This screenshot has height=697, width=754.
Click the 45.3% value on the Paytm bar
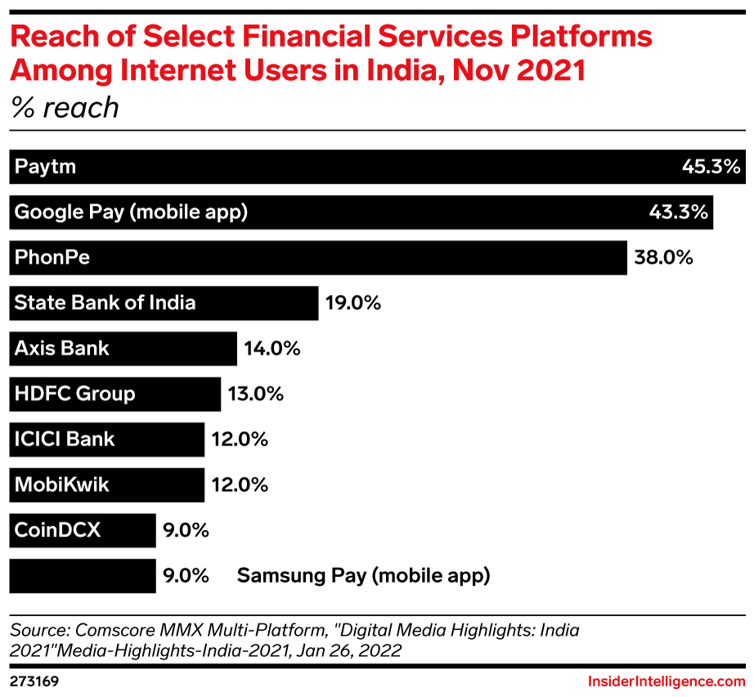(711, 168)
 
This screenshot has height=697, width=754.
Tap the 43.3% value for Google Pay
(677, 212)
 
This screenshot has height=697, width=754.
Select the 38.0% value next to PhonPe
(663, 258)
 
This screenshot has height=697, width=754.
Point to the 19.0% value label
(353, 303)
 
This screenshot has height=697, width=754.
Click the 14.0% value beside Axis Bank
(272, 349)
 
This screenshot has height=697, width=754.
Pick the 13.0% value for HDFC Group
(256, 394)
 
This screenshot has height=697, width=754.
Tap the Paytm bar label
(45, 168)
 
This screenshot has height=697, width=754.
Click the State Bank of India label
(105, 303)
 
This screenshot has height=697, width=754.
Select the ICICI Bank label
(65, 440)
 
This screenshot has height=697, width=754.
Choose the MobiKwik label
(61, 485)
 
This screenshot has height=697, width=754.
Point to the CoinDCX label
(57, 530)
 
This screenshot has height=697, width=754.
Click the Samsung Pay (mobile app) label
(363, 575)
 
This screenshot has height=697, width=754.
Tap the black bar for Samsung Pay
(82, 575)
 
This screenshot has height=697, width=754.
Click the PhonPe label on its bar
(52, 258)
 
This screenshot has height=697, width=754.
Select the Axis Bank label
(61, 349)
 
